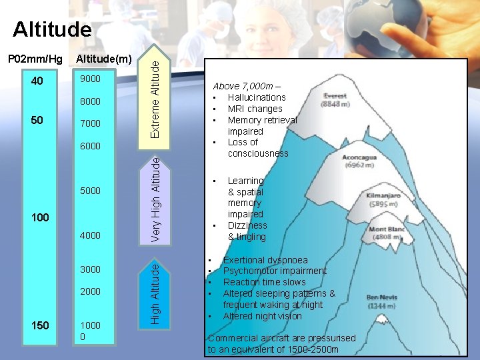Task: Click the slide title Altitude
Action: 52,29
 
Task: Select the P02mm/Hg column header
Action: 35,60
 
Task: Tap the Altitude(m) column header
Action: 103,60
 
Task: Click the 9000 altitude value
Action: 90,79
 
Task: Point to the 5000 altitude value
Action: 90,191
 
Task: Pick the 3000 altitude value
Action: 90,269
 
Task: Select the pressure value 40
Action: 37,81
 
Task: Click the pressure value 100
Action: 41,218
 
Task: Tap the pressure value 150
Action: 41,325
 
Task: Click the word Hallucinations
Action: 257,97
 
